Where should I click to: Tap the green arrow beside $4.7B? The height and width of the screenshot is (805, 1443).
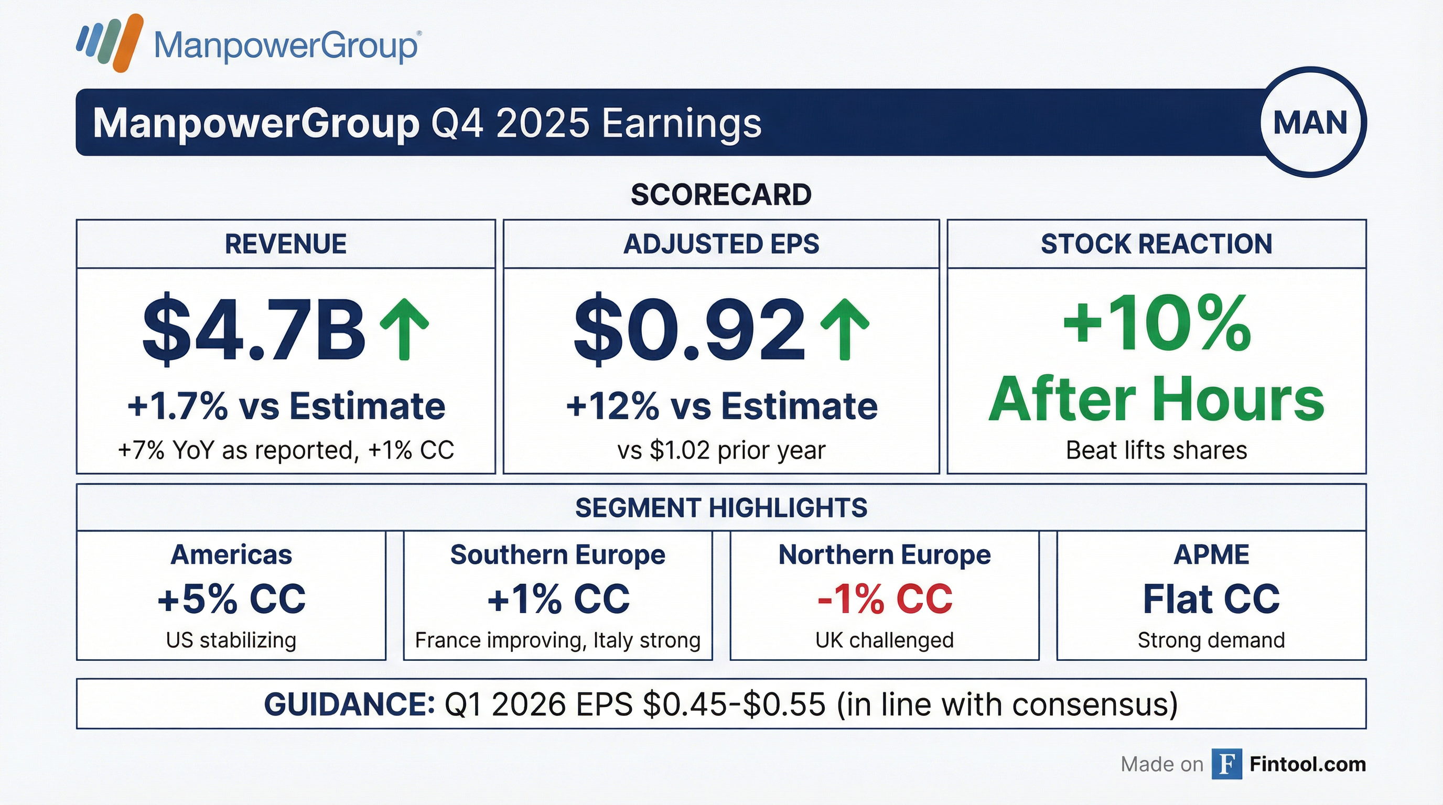tap(404, 329)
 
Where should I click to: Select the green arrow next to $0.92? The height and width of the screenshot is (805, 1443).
tap(844, 329)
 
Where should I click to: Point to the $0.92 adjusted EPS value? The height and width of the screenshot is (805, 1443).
tap(690, 330)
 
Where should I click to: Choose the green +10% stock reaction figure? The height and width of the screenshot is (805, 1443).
tap(1157, 323)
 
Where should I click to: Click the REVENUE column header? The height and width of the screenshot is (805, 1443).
tap(286, 244)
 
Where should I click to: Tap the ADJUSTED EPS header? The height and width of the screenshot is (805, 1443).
tap(721, 244)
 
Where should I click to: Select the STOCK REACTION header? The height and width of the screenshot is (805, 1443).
tap(1156, 244)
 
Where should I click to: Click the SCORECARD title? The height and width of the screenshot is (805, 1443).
tap(721, 195)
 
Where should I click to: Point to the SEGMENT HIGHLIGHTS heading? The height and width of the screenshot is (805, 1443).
tap(721, 508)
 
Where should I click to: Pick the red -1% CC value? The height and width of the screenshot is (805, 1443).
tap(885, 599)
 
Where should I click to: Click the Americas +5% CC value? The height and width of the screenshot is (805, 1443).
tap(231, 599)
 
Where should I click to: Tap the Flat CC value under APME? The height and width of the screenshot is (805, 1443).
tap(1211, 599)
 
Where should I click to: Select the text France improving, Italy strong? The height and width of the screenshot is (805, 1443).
tap(557, 640)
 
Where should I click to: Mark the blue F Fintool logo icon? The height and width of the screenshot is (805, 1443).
tap(1226, 764)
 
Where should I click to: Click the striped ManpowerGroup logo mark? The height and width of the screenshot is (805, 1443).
tap(110, 42)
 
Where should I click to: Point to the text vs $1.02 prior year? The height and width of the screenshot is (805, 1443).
tap(721, 450)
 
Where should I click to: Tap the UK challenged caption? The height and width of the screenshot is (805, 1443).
tap(885, 640)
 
